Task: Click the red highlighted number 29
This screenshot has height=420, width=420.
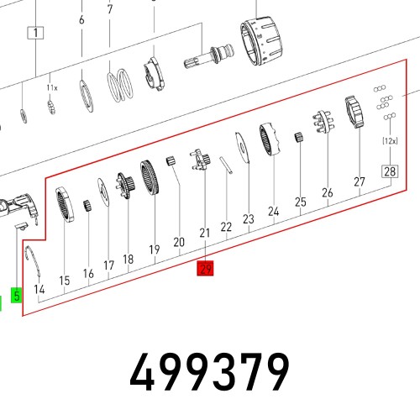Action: tap(205, 268)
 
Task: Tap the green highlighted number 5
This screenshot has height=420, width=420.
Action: tap(17, 295)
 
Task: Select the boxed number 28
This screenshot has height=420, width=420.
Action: tap(390, 171)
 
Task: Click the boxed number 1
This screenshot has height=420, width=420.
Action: tap(35, 33)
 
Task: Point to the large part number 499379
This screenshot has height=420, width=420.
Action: tap(209, 371)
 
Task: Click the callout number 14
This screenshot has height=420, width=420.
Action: tap(39, 289)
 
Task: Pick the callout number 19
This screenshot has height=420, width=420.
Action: tap(155, 249)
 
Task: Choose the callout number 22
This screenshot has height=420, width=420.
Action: tap(226, 227)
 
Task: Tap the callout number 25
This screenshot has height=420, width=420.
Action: tap(301, 202)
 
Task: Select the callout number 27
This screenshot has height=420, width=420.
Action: tap(360, 181)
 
